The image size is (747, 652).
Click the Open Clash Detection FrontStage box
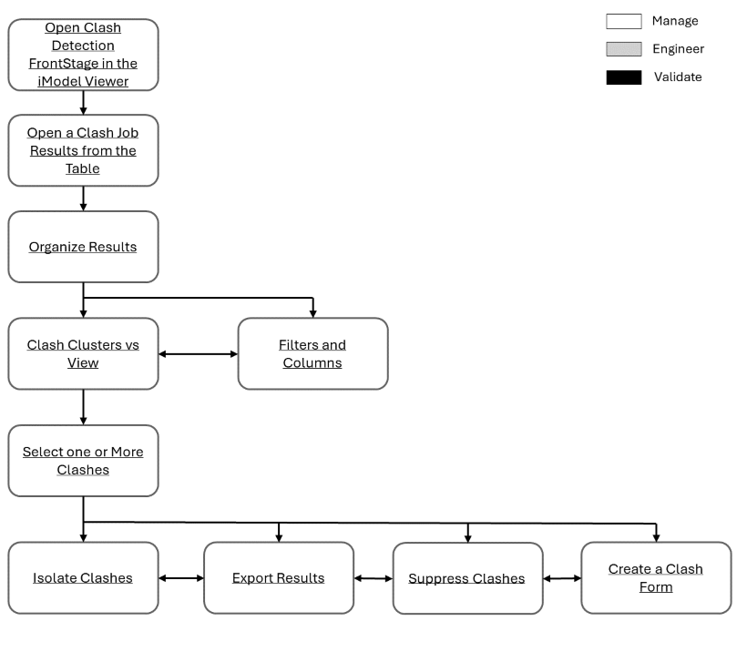pyautogui.click(x=83, y=55)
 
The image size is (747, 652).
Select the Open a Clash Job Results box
pyautogui.click(x=83, y=150)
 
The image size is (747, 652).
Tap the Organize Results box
pyautogui.click(x=83, y=247)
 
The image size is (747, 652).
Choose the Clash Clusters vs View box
pyautogui.click(x=83, y=353)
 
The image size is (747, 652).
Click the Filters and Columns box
pyautogui.click(x=312, y=353)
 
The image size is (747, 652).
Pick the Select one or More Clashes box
pyautogui.click(x=83, y=461)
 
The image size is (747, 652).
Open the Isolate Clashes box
pyautogui.click(x=83, y=577)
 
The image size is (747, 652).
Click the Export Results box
pyautogui.click(x=278, y=577)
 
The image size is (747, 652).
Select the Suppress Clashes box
pyautogui.click(x=467, y=578)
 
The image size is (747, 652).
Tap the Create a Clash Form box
pyautogui.click(x=656, y=577)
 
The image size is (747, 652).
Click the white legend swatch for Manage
pyautogui.click(x=623, y=21)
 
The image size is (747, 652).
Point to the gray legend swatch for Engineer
pyautogui.click(x=623, y=49)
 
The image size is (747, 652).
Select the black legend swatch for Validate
pyautogui.click(x=623, y=77)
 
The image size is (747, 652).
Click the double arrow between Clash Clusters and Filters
pyautogui.click(x=198, y=353)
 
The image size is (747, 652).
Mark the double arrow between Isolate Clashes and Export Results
pyautogui.click(x=180, y=577)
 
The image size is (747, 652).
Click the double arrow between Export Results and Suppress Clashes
pyautogui.click(x=373, y=577)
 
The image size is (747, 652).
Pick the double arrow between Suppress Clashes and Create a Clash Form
pyautogui.click(x=562, y=577)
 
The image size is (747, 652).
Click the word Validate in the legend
pyautogui.click(x=678, y=77)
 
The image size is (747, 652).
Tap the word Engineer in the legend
pyautogui.click(x=678, y=49)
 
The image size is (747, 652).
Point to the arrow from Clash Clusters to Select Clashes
pyautogui.click(x=83, y=407)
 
